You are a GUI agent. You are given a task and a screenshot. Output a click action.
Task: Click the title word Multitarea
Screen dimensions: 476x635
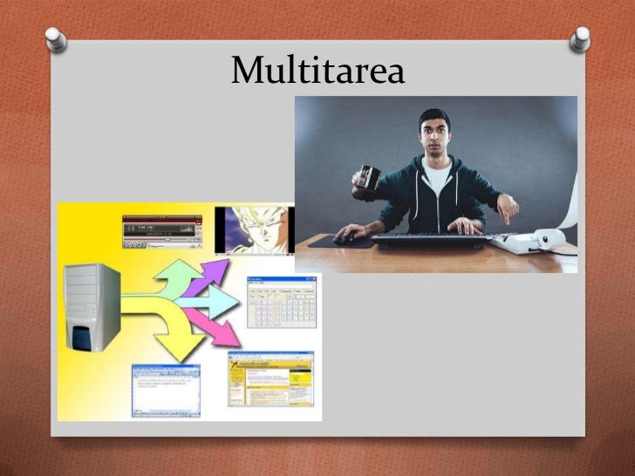click(x=317, y=71)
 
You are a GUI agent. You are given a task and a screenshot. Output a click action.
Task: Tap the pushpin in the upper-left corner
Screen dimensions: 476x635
click(x=55, y=37)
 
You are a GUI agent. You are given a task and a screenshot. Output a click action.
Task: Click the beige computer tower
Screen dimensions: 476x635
click(x=92, y=306)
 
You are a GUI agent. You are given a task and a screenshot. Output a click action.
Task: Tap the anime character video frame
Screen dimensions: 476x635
click(x=254, y=229)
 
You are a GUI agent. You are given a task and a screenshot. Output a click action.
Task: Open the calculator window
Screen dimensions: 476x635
click(x=281, y=302)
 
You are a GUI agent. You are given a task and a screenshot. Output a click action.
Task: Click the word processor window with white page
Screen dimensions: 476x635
click(x=166, y=390)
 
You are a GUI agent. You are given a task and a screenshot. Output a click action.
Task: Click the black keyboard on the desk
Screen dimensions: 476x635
click(x=427, y=238)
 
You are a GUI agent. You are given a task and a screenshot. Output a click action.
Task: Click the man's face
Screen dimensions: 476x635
click(x=434, y=135)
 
